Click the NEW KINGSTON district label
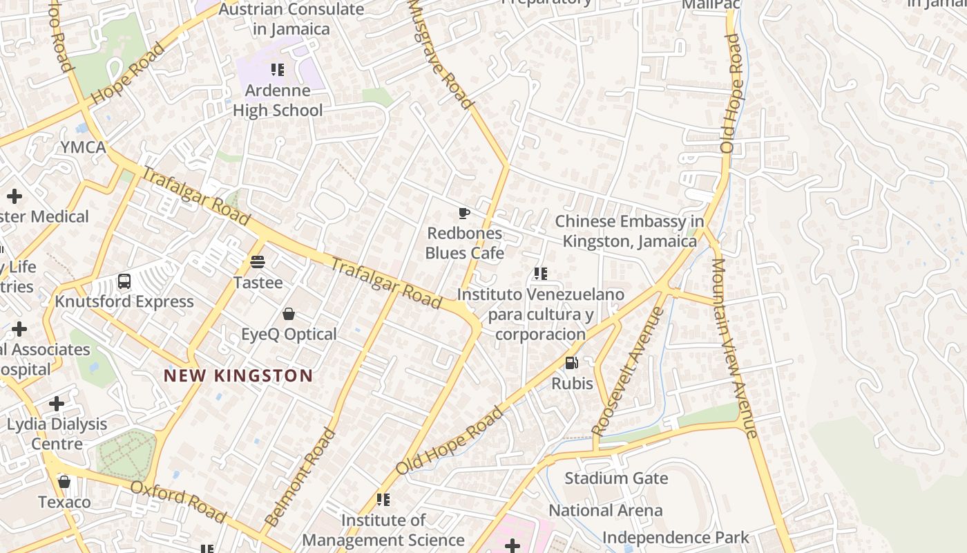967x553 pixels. point(238,376)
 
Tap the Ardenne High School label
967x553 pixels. point(278,101)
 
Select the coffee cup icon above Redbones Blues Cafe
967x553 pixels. point(464,213)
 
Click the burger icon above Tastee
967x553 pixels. point(258,262)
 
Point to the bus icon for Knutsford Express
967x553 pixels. point(124,281)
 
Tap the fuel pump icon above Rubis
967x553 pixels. point(571,362)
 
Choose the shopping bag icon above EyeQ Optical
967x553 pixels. point(289,314)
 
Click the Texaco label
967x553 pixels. point(64,502)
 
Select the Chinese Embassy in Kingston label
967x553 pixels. point(629,231)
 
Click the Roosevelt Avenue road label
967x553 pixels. point(628,371)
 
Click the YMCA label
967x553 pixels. point(83,147)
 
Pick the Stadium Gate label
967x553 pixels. point(616,478)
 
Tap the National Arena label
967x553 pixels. point(605,511)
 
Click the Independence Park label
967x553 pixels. point(675,538)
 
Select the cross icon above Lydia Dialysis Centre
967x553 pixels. point(57,404)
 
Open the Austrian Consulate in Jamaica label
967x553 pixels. point(291,19)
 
